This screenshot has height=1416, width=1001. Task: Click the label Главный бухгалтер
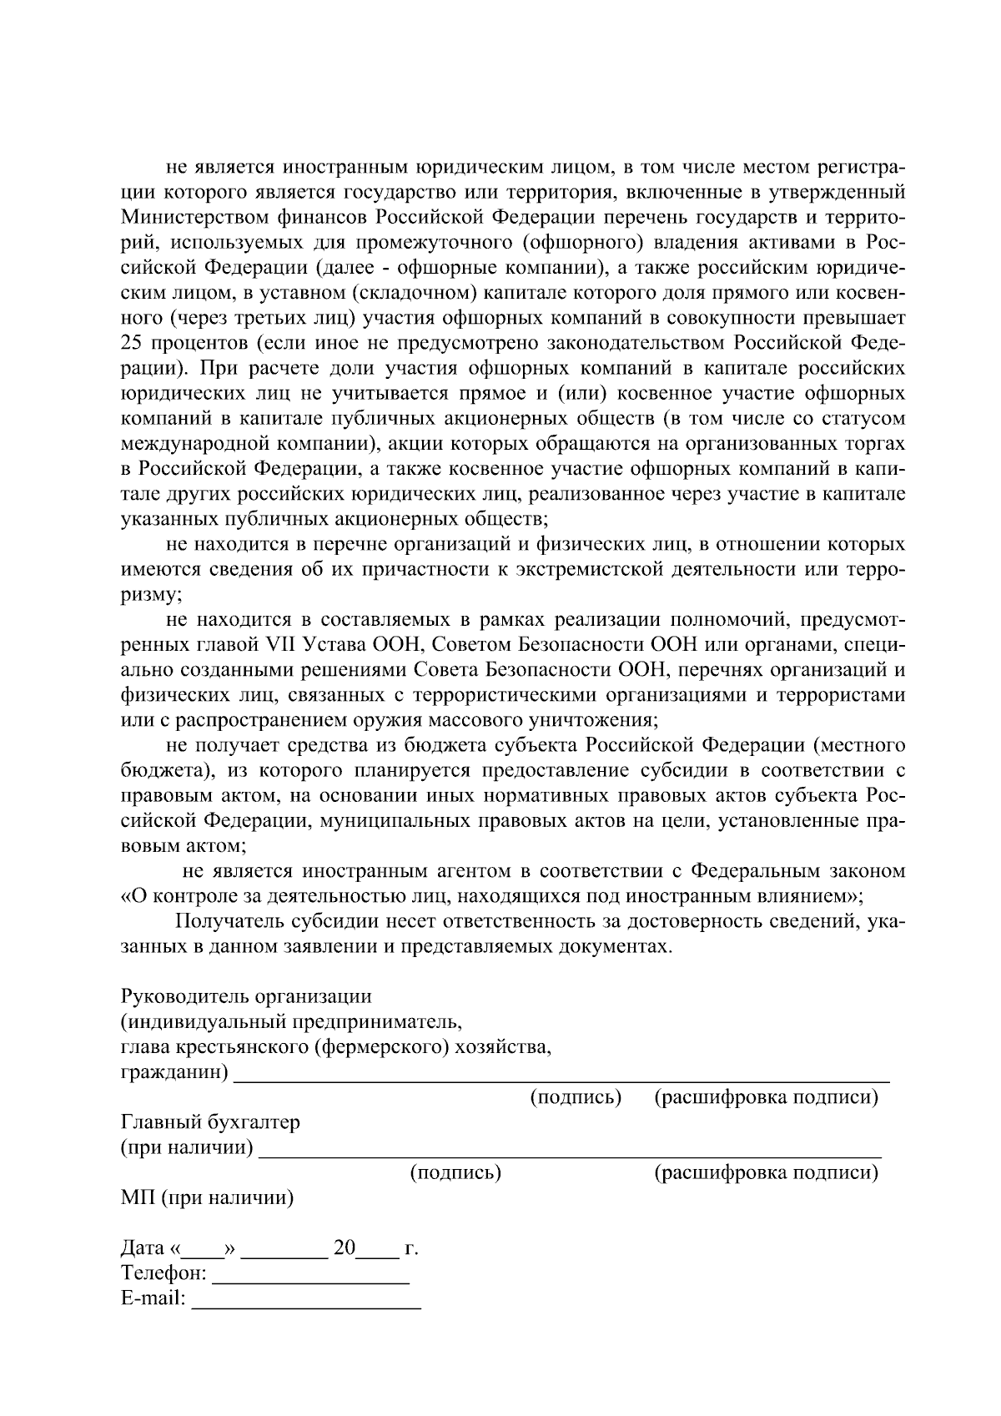(x=210, y=1122)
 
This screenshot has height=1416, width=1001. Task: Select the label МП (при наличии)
(x=207, y=1198)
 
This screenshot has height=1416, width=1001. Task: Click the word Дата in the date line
(x=143, y=1248)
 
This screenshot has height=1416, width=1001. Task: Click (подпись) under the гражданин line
(x=576, y=1097)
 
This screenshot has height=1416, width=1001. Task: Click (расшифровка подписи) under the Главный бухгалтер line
(x=766, y=1172)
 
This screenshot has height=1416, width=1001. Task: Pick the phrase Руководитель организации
(x=246, y=996)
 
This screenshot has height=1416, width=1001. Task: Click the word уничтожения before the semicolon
(x=597, y=719)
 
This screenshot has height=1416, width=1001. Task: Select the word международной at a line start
(x=188, y=444)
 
